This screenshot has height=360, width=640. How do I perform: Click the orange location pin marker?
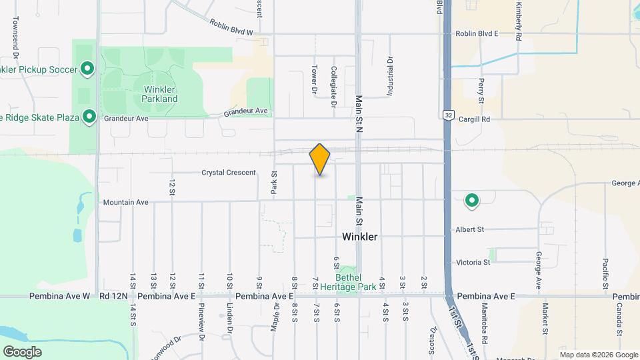coord(320,159)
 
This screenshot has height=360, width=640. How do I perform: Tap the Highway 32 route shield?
coord(449,115)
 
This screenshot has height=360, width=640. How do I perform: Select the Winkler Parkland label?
coord(159,94)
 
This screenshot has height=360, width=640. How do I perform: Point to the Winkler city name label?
coord(359,237)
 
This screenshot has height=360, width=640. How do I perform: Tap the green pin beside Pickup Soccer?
coord(87,68)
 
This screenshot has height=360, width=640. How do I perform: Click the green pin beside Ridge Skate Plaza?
coord(89,117)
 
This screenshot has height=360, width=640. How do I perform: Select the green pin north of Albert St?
coord(472,199)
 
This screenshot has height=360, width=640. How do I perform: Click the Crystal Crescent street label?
coord(229,173)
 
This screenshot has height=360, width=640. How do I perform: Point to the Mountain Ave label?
coord(125,201)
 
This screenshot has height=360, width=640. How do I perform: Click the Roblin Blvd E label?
coord(477,33)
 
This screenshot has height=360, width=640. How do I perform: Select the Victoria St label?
coord(473,263)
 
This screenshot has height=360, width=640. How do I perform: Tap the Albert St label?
coord(470,229)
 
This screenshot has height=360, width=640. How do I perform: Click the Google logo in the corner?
coord(22,351)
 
